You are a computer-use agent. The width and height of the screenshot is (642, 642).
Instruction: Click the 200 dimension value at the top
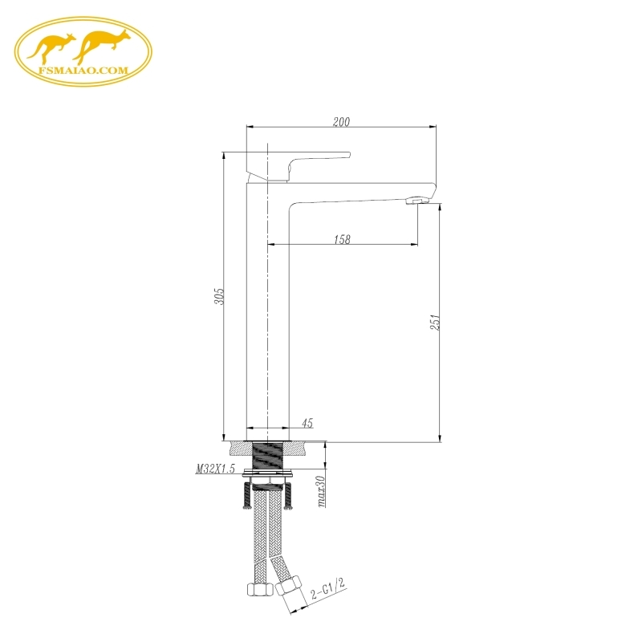tap(342, 122)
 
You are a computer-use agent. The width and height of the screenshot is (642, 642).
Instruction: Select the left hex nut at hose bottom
tap(258, 591)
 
